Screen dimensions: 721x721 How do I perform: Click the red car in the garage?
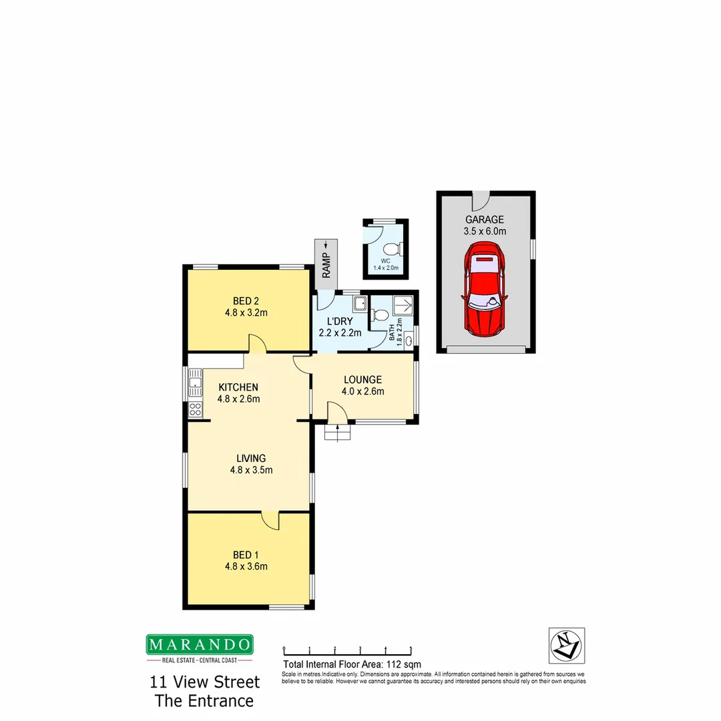pos(484,290)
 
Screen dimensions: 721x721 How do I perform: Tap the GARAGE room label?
pos(484,220)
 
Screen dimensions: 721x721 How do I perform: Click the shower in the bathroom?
pos(402,305)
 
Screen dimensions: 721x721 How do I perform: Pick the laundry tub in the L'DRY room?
pos(359,304)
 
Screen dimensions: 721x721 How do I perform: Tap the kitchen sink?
pos(195,384)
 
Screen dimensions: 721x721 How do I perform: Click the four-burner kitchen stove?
pos(195,409)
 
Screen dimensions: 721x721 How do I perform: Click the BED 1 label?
pos(242,555)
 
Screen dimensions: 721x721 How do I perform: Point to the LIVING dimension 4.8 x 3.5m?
pos(250,470)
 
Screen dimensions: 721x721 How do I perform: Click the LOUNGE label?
pos(363,379)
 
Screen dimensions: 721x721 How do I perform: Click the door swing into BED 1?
pos(270,520)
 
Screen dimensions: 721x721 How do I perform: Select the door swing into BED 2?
pos(258,343)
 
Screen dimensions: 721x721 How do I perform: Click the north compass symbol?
pos(566,645)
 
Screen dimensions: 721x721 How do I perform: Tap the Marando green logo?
pos(200,644)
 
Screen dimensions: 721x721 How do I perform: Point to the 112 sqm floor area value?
pos(405,664)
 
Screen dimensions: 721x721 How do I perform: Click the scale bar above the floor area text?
pos(347,649)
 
